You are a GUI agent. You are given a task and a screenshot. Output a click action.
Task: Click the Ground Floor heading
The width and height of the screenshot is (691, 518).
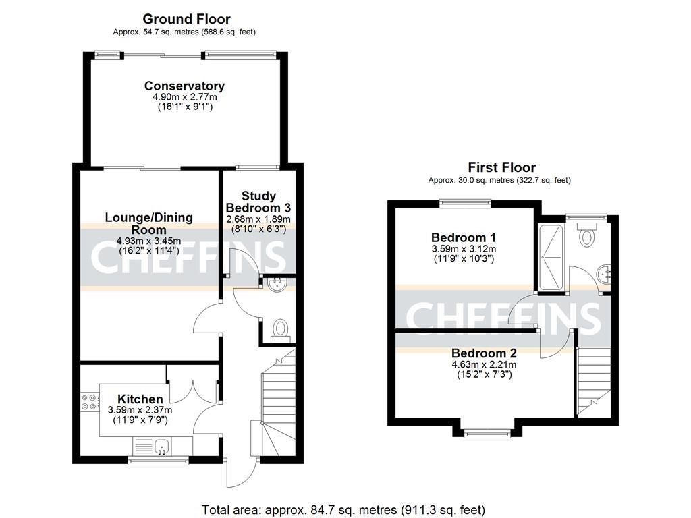click(x=186, y=19)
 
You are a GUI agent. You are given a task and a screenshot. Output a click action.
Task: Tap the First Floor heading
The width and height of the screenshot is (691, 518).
click(x=501, y=167)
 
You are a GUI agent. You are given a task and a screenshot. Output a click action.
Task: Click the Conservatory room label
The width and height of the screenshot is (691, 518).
click(x=184, y=86)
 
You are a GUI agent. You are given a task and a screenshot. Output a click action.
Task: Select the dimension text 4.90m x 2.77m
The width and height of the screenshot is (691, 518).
click(x=184, y=97)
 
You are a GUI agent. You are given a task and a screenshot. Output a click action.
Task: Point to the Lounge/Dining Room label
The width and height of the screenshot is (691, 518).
click(x=149, y=223)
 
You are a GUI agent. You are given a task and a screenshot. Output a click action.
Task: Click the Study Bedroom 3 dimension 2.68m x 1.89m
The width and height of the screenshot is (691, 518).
click(x=258, y=219)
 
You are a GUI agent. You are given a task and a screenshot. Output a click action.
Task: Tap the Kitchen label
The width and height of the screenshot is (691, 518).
click(x=140, y=399)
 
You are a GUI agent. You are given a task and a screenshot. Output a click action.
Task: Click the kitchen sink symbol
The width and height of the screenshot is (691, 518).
click(x=161, y=446)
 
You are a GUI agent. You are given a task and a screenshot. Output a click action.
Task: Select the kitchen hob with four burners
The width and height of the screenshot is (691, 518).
click(x=88, y=402)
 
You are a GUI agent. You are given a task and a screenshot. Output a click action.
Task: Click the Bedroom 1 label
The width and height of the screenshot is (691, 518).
click(x=464, y=237)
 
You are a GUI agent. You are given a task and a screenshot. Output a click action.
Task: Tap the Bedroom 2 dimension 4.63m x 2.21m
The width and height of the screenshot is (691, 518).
click(x=484, y=364)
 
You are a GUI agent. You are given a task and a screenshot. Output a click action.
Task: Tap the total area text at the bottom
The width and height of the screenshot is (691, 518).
click(x=343, y=509)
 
